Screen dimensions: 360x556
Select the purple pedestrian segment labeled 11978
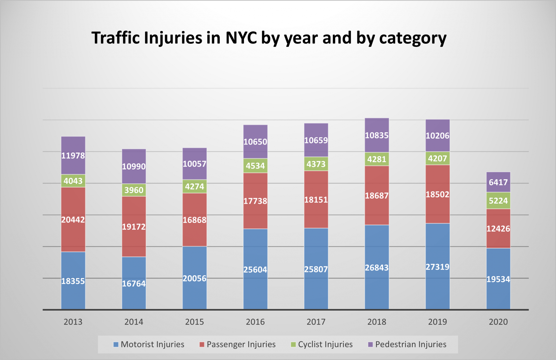click(73, 155)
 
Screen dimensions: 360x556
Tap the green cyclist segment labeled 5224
click(498, 201)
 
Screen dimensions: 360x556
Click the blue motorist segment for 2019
click(437, 267)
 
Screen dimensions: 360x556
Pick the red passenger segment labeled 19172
click(134, 226)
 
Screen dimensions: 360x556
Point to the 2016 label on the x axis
click(255, 322)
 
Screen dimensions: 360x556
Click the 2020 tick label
click(498, 322)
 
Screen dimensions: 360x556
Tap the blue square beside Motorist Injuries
click(116, 345)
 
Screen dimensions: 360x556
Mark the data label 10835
click(377, 135)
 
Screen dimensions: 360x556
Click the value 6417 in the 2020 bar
click(498, 182)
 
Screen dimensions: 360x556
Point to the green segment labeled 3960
click(134, 190)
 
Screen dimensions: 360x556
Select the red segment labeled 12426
click(498, 229)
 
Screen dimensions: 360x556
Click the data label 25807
click(316, 269)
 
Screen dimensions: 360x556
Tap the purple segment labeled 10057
click(194, 164)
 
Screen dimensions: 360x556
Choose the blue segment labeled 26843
click(377, 268)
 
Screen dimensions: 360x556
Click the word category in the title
click(413, 38)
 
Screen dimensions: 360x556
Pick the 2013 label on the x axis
click(73, 322)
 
